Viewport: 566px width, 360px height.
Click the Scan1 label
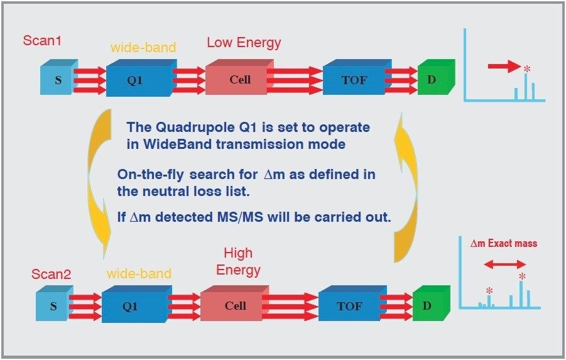[41, 41]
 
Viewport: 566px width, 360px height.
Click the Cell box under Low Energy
[239, 80]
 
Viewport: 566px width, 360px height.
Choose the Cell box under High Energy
[235, 305]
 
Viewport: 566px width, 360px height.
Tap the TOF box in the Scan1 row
[354, 80]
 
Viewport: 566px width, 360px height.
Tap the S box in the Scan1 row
[58, 80]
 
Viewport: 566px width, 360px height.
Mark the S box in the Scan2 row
[53, 306]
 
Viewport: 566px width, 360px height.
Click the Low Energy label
[244, 43]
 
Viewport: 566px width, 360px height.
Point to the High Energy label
[238, 261]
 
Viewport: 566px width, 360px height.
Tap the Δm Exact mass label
[504, 243]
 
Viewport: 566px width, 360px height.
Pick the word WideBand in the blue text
[170, 144]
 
